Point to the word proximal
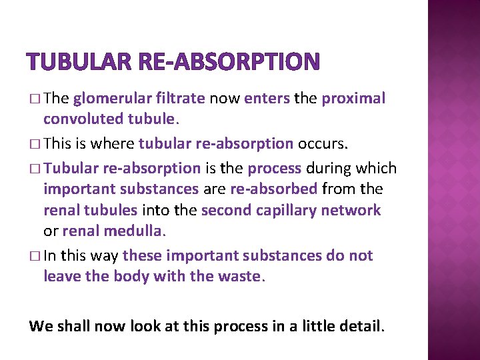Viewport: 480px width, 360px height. (353, 99)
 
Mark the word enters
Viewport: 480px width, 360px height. (267, 99)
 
